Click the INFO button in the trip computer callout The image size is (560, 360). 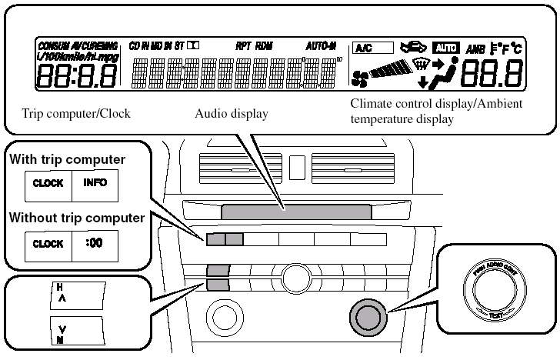pyautogui.click(x=96, y=185)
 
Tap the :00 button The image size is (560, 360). pyautogui.click(x=96, y=244)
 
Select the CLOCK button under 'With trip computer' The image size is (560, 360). pyautogui.click(x=48, y=185)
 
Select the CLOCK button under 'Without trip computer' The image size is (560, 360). pyautogui.click(x=48, y=244)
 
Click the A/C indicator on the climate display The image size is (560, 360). pyautogui.click(x=372, y=48)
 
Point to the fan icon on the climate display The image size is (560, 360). pyautogui.click(x=359, y=78)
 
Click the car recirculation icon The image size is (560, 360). pyautogui.click(x=413, y=48)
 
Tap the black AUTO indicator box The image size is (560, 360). pyautogui.click(x=446, y=48)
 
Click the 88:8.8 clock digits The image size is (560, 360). pyautogui.click(x=77, y=75)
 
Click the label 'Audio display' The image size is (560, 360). pyautogui.click(x=231, y=114)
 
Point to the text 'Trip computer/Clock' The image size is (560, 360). pyautogui.click(x=76, y=114)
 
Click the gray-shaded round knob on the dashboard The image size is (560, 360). pyautogui.click(x=365, y=316)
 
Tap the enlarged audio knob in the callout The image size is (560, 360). pyautogui.click(x=495, y=290)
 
